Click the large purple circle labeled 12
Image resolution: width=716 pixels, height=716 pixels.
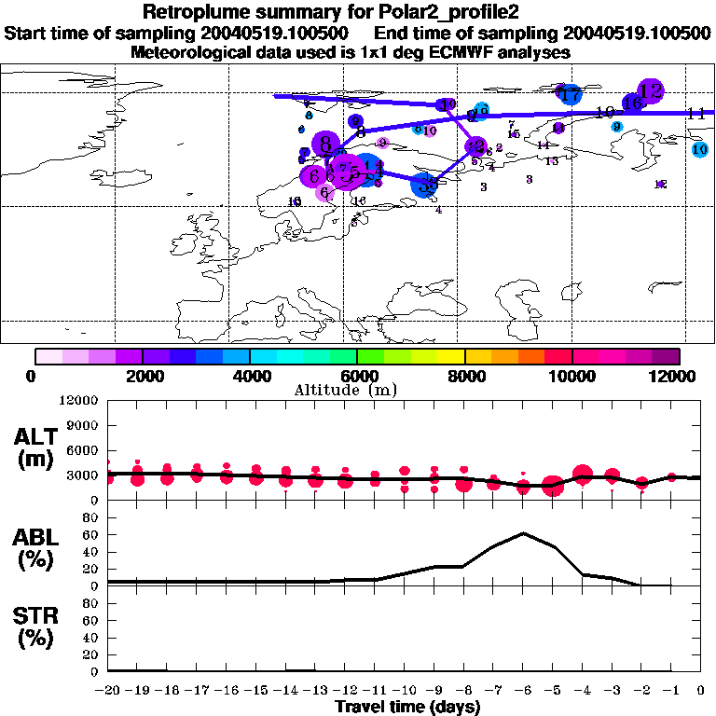click(x=651, y=90)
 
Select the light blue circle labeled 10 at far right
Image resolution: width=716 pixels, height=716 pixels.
click(x=700, y=149)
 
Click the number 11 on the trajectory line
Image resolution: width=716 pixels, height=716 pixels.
click(x=695, y=114)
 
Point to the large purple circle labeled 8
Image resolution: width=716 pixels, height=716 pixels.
click(x=325, y=144)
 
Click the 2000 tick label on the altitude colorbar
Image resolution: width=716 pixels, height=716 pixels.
click(x=143, y=376)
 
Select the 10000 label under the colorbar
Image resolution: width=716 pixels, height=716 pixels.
click(x=571, y=376)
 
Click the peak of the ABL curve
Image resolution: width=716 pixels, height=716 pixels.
click(x=524, y=533)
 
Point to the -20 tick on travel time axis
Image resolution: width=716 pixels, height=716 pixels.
click(x=108, y=691)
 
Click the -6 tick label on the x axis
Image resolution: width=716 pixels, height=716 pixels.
click(x=524, y=691)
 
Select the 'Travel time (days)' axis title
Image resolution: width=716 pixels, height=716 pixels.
click(x=407, y=708)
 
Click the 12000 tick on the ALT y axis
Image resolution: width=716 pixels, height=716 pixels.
click(x=79, y=401)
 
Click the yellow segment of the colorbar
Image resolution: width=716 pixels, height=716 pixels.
click(x=451, y=355)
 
